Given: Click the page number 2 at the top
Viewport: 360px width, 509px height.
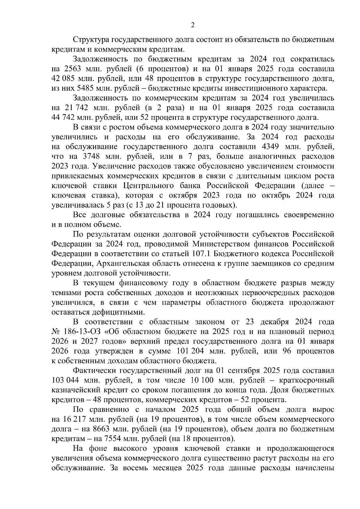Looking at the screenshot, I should [193, 25].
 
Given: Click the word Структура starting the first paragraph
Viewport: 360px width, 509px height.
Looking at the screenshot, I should [91, 40].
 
